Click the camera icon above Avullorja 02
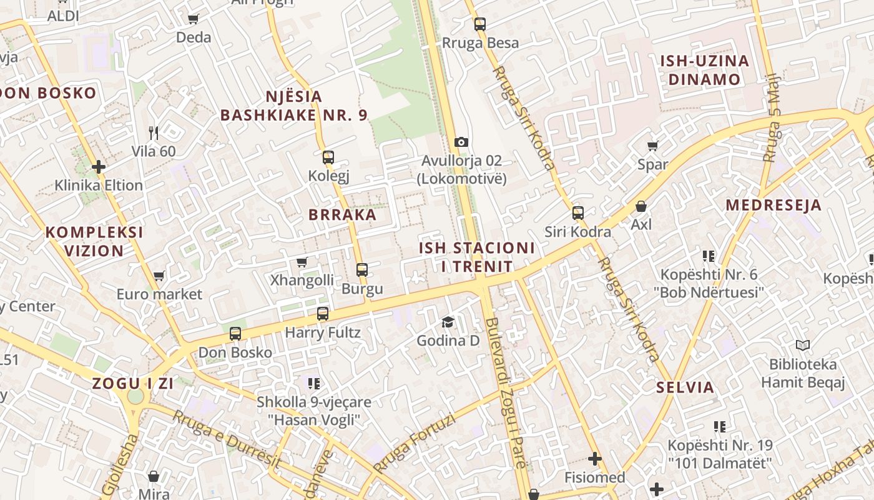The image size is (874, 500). (461, 142)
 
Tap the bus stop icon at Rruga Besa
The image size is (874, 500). (479, 24)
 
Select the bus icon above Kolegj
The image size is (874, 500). (328, 157)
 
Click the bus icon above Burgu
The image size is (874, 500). (362, 270)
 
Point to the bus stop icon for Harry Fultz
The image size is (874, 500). (323, 314)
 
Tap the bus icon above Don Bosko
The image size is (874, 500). (235, 334)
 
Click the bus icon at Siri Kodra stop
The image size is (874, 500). (578, 213)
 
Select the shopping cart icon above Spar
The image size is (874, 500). (653, 146)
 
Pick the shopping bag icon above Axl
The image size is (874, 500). (641, 206)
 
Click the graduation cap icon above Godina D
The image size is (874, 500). (448, 322)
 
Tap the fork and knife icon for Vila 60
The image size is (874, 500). (154, 132)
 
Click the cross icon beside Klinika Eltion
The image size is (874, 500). (99, 167)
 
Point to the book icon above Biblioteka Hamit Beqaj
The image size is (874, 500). (803, 345)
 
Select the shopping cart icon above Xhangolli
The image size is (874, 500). (302, 262)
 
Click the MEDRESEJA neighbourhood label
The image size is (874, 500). (773, 205)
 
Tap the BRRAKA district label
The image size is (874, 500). (342, 215)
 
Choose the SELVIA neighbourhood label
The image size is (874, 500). (685, 387)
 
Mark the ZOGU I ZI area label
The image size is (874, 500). (133, 384)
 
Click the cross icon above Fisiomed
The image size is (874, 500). (595, 459)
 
